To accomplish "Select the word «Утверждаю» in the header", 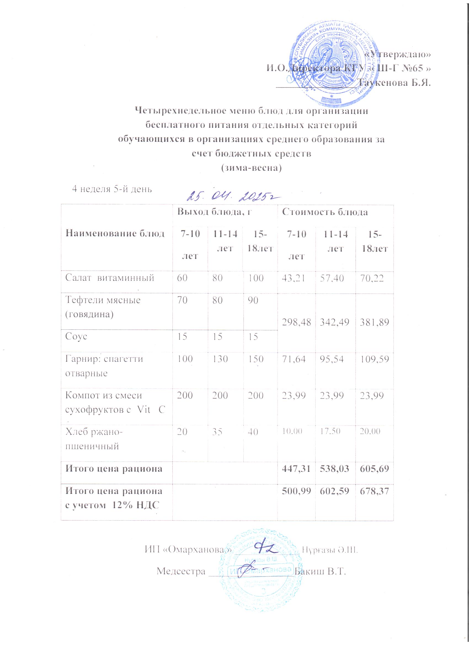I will (398, 54).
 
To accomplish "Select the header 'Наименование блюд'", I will (115, 234).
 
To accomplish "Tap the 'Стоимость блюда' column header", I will (324, 212).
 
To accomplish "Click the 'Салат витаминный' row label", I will (110, 278).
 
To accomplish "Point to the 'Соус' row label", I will (76, 337).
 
